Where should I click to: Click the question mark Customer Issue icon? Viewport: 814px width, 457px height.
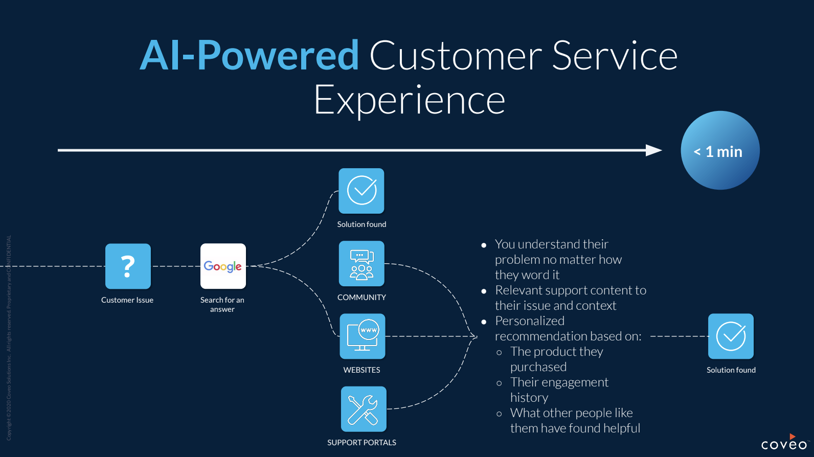[128, 266]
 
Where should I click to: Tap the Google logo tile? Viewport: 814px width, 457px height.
[223, 266]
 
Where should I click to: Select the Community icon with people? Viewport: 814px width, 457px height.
[361, 264]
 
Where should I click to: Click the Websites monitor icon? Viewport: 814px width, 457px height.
[363, 336]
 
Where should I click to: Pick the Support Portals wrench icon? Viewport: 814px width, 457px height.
[364, 409]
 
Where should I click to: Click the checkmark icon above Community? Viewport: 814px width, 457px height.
[361, 191]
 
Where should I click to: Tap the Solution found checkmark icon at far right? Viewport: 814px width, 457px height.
[731, 336]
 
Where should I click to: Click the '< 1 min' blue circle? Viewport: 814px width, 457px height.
[720, 151]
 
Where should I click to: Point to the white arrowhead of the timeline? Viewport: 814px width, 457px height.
[654, 150]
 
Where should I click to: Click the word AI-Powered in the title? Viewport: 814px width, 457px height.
[250, 55]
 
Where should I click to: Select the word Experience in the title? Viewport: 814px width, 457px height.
[409, 100]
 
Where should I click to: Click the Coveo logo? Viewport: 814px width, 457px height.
[784, 444]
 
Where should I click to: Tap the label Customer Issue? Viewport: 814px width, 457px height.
[127, 300]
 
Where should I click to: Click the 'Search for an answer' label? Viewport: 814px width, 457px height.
[222, 305]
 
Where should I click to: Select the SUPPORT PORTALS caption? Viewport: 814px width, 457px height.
[361, 443]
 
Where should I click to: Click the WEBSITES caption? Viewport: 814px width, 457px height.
[361, 370]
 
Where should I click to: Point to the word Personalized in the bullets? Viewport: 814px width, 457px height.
[530, 321]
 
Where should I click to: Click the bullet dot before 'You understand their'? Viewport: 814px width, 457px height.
[484, 245]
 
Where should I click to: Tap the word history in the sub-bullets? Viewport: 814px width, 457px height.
[529, 398]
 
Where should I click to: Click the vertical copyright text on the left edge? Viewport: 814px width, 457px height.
[9, 337]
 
